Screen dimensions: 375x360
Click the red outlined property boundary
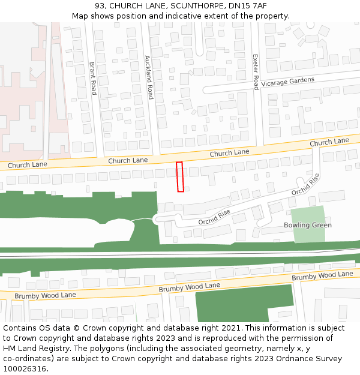pyautogui.click(x=179, y=177)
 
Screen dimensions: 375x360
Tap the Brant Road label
pyautogui.click(x=93, y=79)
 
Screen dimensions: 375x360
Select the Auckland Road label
pyautogui.click(x=148, y=77)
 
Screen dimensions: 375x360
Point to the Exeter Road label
pyautogui.click(x=256, y=70)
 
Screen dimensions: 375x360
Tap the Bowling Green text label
pyautogui.click(x=308, y=226)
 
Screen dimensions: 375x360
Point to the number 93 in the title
pyautogui.click(x=100, y=6)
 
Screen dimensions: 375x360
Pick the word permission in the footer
pyautogui.click(x=312, y=338)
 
